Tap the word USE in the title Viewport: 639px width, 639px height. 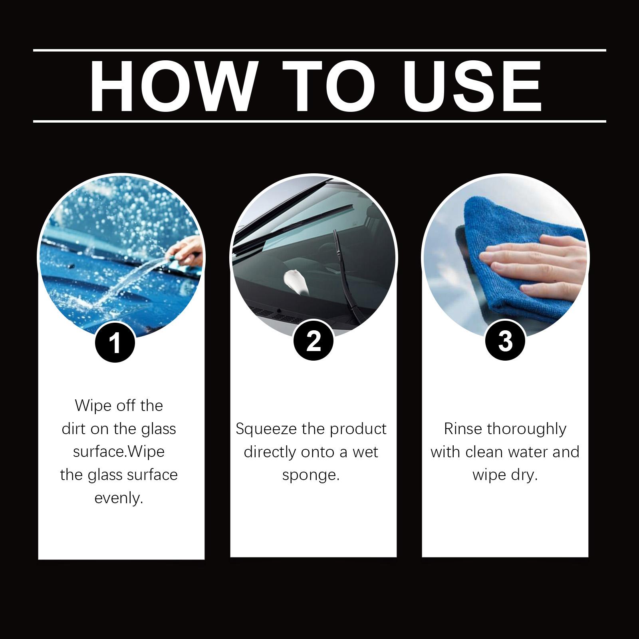(472, 86)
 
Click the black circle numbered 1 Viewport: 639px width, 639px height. (115, 342)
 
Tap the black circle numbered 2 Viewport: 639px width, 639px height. (314, 341)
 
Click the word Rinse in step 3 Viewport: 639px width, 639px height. (463, 429)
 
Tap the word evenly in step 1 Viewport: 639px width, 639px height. (119, 499)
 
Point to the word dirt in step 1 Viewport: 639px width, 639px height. (74, 429)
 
